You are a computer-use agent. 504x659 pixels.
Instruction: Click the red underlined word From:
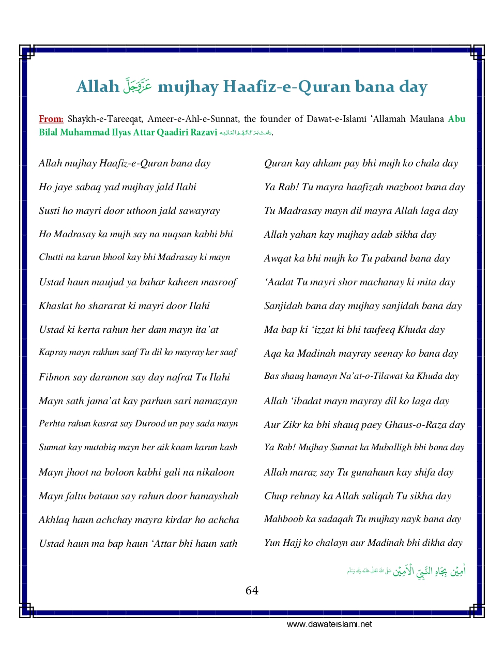51,119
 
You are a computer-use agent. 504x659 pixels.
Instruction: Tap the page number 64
252,590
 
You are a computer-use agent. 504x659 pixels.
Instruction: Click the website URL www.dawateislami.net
329,624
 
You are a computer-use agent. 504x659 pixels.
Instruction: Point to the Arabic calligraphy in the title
138,85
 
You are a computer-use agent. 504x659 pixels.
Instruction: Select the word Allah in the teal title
98,86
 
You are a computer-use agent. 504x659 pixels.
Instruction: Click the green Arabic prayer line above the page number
406,571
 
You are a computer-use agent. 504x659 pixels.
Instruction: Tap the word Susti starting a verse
49,211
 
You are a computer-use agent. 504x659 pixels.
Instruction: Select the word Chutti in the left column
51,257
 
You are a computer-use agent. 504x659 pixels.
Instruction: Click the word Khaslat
55,306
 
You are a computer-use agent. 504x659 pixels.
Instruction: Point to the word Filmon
54,377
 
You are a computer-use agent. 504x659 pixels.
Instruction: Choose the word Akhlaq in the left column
54,520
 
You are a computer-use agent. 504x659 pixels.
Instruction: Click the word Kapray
53,353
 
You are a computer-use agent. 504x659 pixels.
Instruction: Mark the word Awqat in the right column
278,258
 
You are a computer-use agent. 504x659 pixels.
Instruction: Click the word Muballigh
391,448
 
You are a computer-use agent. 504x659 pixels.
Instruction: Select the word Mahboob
284,519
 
